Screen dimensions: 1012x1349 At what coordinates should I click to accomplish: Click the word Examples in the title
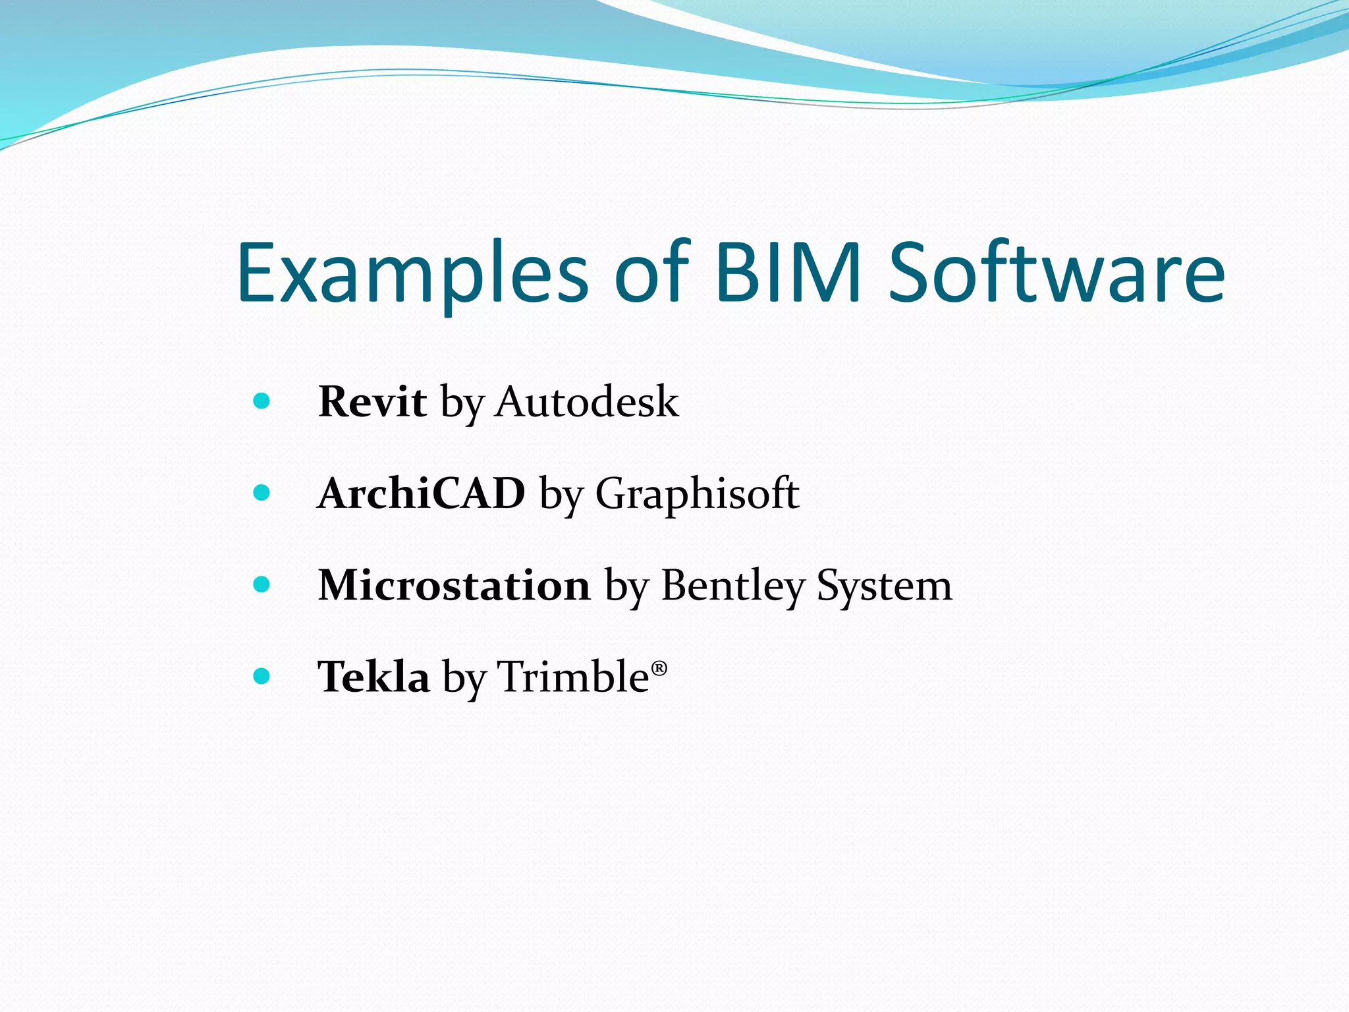tap(412, 273)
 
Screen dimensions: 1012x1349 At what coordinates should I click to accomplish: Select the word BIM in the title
tap(788, 273)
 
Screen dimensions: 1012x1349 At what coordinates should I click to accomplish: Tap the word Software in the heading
tap(1057, 273)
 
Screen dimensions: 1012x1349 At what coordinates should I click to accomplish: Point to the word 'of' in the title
tap(652, 273)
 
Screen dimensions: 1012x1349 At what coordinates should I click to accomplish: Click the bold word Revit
tap(372, 401)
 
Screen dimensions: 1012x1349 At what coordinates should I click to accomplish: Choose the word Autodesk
tap(587, 401)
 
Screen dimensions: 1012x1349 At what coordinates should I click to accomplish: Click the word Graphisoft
tap(697, 494)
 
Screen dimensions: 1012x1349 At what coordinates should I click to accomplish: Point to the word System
tap(885, 586)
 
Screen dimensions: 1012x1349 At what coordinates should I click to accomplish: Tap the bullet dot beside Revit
tap(262, 401)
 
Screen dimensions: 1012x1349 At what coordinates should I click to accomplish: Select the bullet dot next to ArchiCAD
tap(262, 492)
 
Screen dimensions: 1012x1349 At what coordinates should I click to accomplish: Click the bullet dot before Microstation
tap(262, 584)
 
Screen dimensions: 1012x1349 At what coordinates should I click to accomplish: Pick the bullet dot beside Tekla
tap(262, 675)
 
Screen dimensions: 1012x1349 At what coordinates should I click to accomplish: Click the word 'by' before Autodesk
tap(462, 403)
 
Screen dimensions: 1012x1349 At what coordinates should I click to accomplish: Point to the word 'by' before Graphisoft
tap(561, 495)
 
